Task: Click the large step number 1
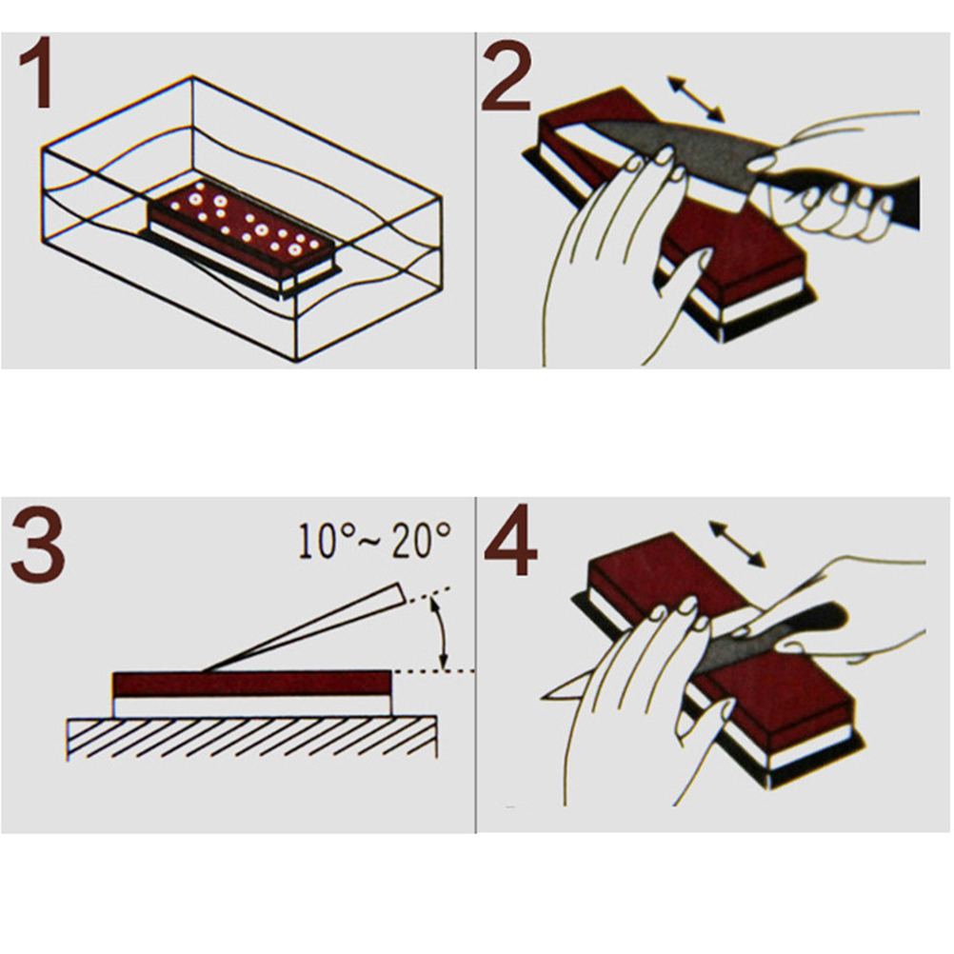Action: (35, 72)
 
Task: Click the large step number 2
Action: (507, 75)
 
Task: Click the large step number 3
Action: (38, 545)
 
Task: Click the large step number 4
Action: (510, 540)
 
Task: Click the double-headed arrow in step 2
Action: (696, 99)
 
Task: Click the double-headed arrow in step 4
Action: (737, 544)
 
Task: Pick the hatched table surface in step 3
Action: (252, 738)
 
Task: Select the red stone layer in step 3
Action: (252, 684)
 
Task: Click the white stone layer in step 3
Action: (252, 706)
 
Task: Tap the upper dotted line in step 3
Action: (428, 595)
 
